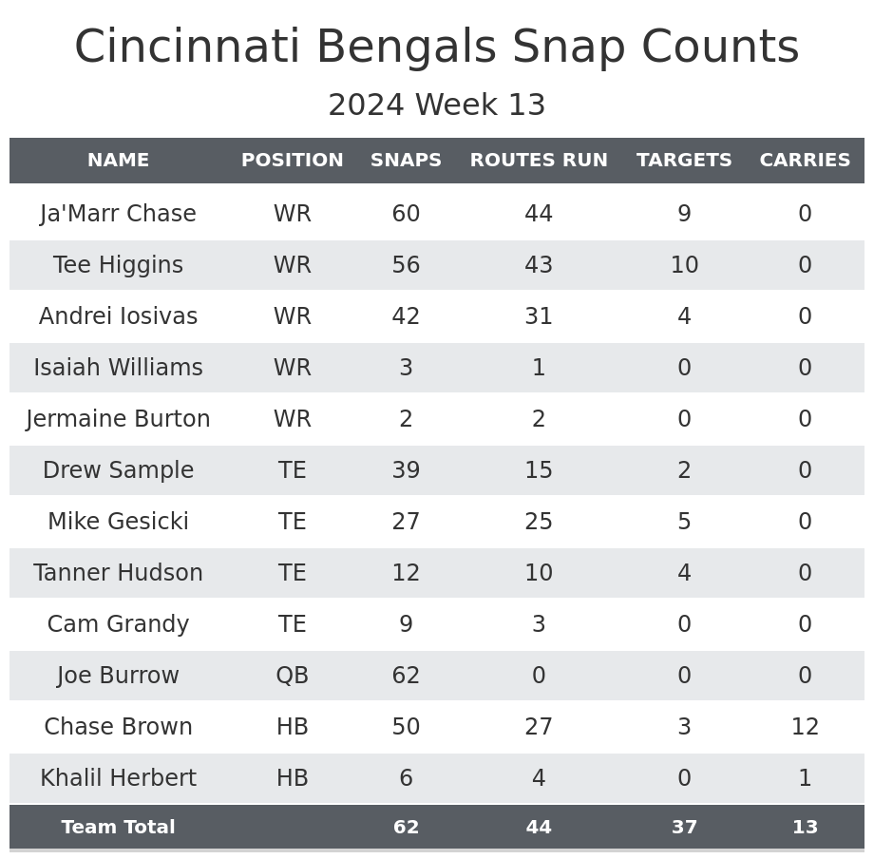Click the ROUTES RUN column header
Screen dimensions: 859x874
coord(539,161)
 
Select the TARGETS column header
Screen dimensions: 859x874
coord(684,161)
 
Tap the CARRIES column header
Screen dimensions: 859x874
coord(805,161)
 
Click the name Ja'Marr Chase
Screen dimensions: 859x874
coord(118,214)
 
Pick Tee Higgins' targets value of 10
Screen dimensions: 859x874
coord(684,265)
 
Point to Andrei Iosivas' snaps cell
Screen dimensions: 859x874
coord(406,316)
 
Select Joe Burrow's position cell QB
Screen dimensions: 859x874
coord(292,676)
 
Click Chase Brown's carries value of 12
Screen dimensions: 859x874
coord(805,727)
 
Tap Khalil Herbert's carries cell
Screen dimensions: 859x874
coord(805,778)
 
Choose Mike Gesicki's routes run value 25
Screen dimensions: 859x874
coord(539,522)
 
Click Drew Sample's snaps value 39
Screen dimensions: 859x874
coord(406,470)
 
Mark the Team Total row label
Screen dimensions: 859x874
coord(118,828)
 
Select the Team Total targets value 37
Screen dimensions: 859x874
coord(684,828)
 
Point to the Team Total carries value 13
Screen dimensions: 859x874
coord(805,828)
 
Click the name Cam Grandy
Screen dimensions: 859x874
coord(118,624)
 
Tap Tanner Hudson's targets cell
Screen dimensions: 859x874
coord(684,573)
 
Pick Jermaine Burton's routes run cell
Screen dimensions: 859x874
coord(539,419)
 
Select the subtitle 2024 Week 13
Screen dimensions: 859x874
coord(437,105)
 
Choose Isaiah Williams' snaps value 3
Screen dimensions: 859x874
coord(406,368)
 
